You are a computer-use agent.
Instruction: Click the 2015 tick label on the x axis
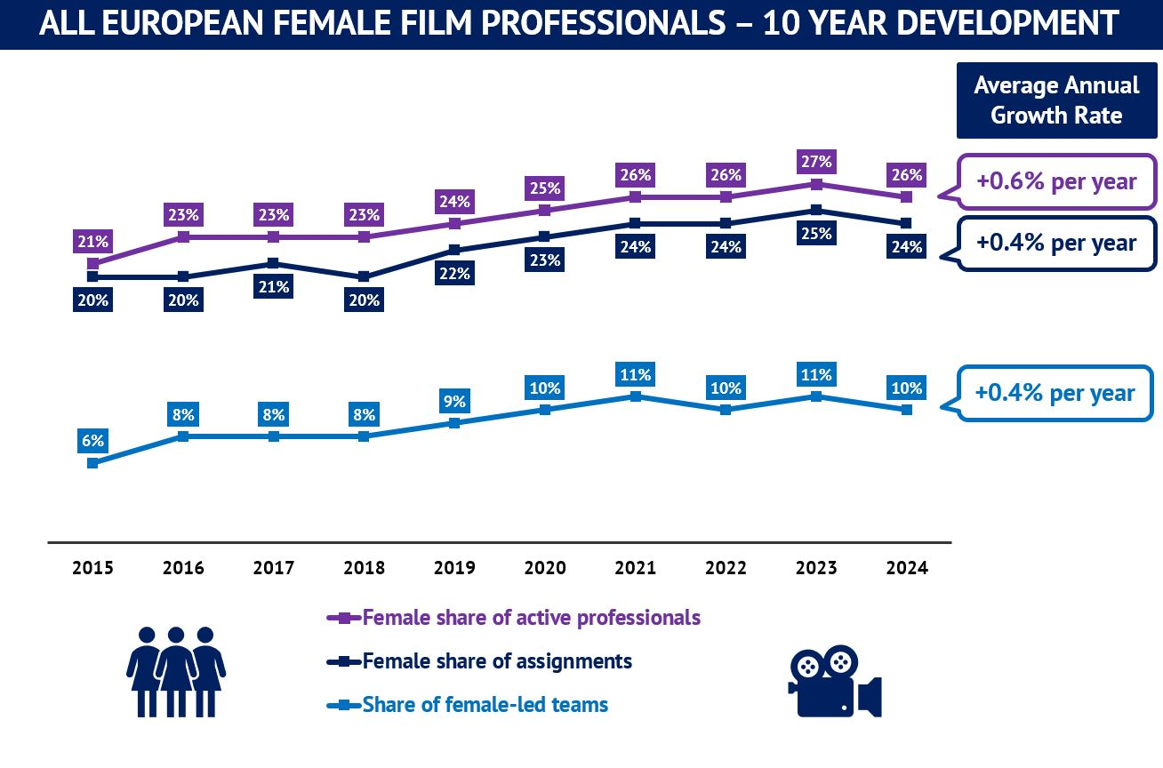pos(92,568)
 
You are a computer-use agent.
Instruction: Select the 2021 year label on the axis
pos(635,568)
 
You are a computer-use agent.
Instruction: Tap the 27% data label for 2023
pos(815,162)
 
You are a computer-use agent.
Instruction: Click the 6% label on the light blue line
pos(92,441)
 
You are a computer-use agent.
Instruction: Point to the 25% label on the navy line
pos(815,234)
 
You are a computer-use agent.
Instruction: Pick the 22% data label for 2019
pos(454,274)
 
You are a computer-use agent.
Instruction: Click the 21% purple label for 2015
pos(92,241)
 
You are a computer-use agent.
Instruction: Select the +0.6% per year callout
pos(1055,182)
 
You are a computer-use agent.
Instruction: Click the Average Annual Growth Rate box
pos(1055,100)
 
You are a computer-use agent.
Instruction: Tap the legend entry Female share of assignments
pos(496,661)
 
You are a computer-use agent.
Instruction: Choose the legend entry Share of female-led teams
pos(485,705)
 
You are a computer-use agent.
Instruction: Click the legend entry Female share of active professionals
pos(531,618)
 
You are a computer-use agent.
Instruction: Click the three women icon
pos(176,671)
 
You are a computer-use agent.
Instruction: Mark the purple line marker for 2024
pos(906,197)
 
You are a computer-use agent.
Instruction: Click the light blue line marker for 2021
pos(635,396)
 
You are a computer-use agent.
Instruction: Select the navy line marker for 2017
pos(274,264)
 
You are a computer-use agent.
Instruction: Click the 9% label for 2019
pos(454,402)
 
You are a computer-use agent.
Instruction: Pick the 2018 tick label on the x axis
pos(364,568)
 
